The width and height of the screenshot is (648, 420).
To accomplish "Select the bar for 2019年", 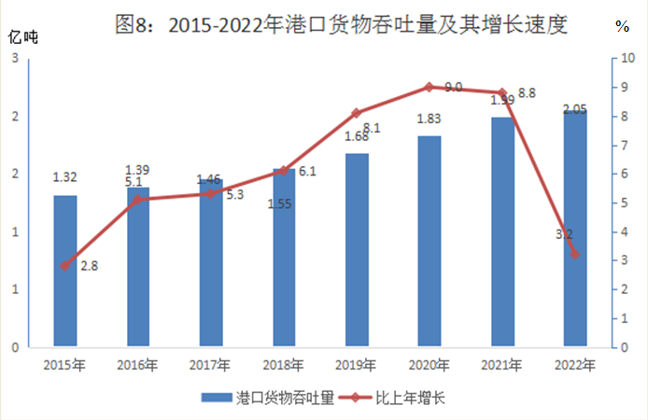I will point(357,250).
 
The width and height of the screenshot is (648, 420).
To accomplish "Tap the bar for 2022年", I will point(575,229).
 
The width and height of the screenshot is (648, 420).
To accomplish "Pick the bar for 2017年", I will point(211,263).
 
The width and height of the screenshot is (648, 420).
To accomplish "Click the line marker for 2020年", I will point(430,87).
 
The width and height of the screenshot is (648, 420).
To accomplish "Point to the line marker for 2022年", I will point(575,254).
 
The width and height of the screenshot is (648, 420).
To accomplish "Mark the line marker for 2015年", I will point(65,266).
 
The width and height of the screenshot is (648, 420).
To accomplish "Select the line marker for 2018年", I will point(284,171).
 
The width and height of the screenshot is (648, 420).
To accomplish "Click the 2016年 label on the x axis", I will point(138,365).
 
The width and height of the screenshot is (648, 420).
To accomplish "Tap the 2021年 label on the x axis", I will point(502,365).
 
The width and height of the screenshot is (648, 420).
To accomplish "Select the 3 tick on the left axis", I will point(16,59).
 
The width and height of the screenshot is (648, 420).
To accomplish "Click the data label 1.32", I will point(64,176).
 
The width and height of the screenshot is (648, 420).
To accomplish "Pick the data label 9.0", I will point(454,87).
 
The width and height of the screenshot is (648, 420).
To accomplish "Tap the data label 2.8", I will point(89,266).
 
